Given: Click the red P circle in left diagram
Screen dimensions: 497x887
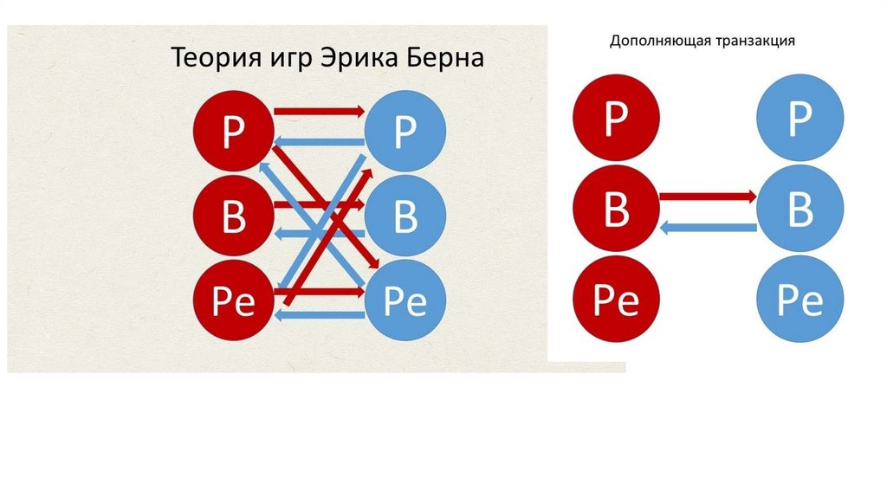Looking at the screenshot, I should click(x=233, y=135).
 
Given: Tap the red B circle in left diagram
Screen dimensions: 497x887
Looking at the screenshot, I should click(x=233, y=217).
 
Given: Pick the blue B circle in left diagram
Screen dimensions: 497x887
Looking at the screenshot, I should click(x=405, y=216).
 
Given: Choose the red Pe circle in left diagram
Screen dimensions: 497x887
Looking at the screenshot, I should click(x=233, y=300).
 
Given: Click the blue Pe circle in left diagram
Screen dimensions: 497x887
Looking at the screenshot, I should click(x=405, y=300).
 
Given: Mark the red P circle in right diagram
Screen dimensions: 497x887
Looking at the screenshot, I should click(x=615, y=119).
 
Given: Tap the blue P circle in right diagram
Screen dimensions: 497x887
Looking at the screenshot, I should click(x=799, y=119).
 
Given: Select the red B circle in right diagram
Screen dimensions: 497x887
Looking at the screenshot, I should click(x=615, y=209).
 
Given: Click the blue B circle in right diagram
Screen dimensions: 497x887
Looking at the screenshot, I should click(x=799, y=209).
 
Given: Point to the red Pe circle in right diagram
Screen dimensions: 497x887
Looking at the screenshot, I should click(x=615, y=300).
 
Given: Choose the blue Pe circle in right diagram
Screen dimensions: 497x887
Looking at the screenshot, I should click(x=799, y=300).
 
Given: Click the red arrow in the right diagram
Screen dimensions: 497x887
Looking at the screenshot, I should click(x=707, y=197).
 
